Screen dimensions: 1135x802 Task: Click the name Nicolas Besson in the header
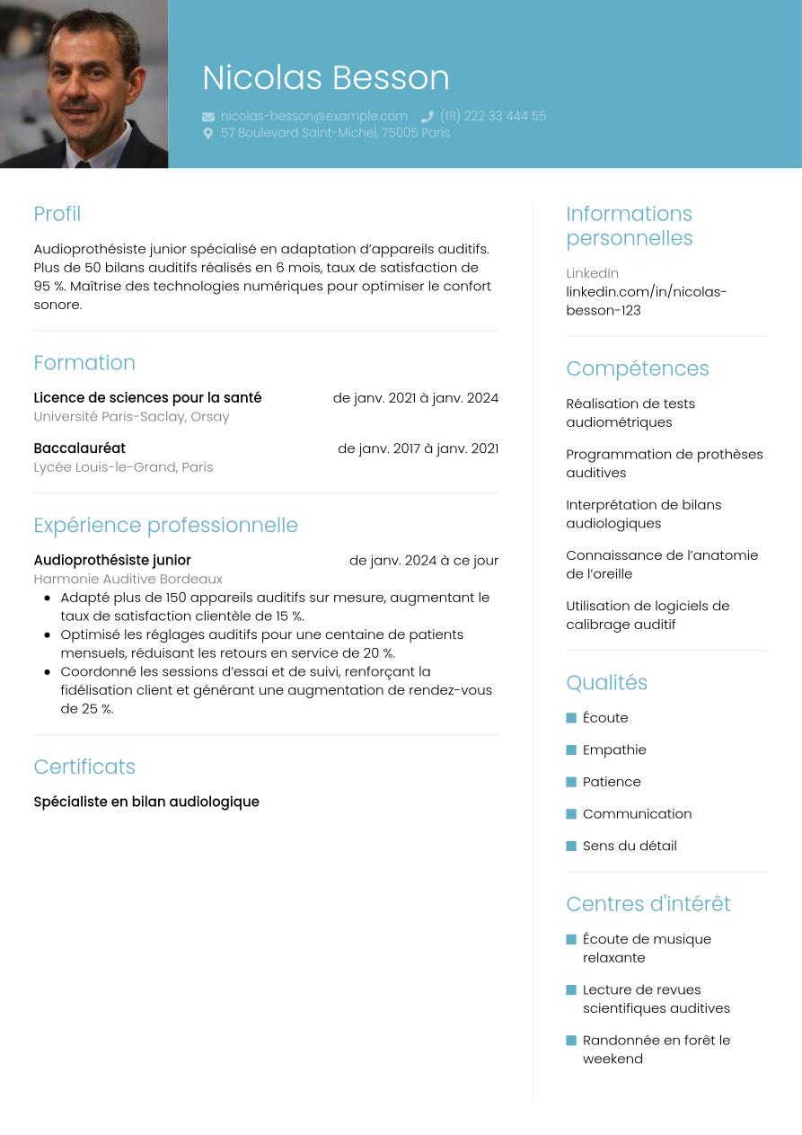pos(325,78)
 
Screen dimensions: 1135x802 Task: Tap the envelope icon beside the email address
pos(208,117)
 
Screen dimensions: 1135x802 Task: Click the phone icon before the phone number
pos(427,117)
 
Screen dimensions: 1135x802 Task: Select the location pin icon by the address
pos(208,133)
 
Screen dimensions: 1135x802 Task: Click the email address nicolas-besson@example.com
pos(313,116)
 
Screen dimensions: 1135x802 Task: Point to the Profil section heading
pos(57,214)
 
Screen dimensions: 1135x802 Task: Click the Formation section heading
pos(84,363)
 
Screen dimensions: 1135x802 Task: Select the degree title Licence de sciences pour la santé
pos(147,397)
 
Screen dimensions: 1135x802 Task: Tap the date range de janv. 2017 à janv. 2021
pos(418,448)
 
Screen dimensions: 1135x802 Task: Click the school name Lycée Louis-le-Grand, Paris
pos(123,467)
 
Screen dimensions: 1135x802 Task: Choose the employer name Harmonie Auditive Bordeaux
pos(128,579)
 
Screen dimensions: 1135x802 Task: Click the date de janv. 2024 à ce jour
pos(423,560)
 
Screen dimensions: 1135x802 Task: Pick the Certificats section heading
pos(84,767)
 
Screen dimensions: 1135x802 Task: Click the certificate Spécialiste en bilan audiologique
pos(146,802)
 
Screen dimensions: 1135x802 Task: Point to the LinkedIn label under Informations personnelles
pos(592,273)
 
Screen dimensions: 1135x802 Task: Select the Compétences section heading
pos(637,368)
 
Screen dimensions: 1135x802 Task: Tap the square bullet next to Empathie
pos(571,750)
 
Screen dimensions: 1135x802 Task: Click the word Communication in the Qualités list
pos(637,813)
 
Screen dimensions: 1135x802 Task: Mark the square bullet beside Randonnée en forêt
pos(571,1041)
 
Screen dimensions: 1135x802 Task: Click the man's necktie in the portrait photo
pos(84,163)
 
